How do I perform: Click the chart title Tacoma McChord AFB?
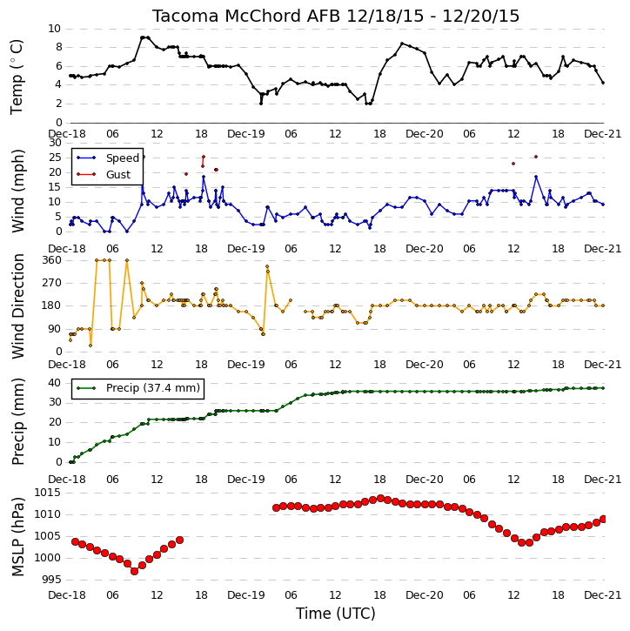tap(247, 16)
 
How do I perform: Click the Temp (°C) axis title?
tap(17, 77)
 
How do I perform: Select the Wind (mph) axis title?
tap(17, 191)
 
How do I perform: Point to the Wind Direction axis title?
tap(17, 305)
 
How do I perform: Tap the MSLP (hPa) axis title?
tap(17, 536)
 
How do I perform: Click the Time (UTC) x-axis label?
tap(336, 614)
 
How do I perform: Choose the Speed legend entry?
tap(123, 158)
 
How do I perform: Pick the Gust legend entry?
tap(117, 175)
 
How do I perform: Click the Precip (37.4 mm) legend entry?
tap(153, 388)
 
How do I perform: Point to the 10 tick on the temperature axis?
tap(54, 29)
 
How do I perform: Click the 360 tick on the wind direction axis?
tap(52, 260)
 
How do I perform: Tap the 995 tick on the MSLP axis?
tap(52, 580)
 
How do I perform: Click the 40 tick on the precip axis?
tap(54, 383)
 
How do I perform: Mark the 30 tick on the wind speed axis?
tap(54, 143)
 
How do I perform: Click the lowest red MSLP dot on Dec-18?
tap(134, 571)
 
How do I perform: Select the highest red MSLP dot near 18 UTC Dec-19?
tap(380, 498)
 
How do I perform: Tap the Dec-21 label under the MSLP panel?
tap(603, 594)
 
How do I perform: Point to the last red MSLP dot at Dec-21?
tap(603, 519)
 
